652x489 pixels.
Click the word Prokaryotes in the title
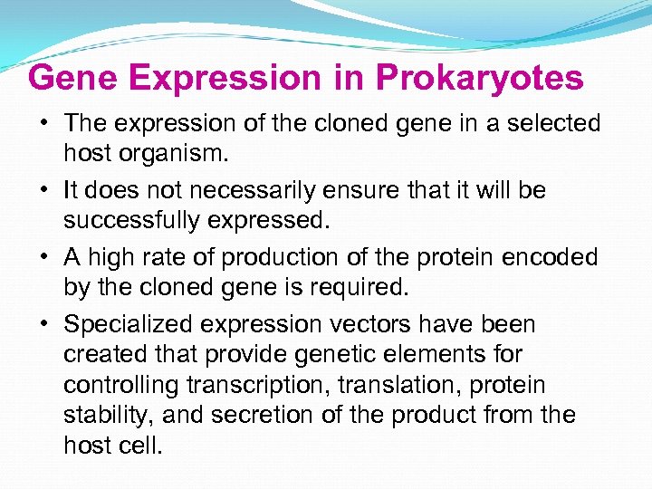pos(479,78)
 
